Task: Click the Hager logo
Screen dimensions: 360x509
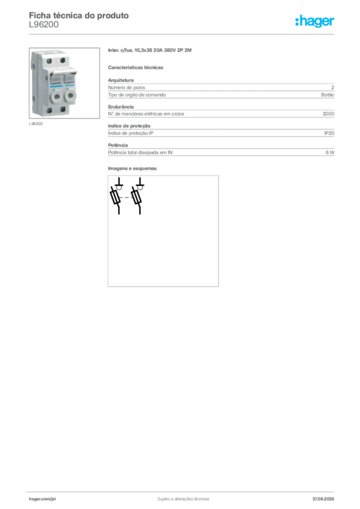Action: coord(315,21)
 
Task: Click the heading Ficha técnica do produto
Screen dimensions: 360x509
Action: coord(79,15)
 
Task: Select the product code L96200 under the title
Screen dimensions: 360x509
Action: coord(44,25)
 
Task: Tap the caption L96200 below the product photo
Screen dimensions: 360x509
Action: coord(36,124)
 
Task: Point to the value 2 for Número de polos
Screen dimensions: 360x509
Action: coord(333,87)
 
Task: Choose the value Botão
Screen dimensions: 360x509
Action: coord(328,95)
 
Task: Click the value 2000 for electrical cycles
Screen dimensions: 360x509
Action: coord(328,114)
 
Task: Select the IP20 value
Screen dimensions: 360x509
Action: coord(329,133)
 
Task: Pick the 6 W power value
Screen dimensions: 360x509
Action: coord(330,152)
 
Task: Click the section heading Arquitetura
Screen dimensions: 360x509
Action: coord(121,80)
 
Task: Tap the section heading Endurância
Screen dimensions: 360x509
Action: coord(121,107)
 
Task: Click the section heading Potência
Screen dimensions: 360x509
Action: coord(118,145)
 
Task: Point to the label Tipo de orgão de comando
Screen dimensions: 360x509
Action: coord(137,95)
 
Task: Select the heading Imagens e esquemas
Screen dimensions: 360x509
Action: coord(132,169)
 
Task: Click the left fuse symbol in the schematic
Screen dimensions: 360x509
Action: coord(115,197)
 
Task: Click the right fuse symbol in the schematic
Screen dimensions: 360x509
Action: coord(136,197)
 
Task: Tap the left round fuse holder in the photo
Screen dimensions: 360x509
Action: coord(57,96)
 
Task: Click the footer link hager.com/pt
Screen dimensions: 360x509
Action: coord(42,499)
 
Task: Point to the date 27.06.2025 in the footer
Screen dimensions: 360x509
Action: coord(323,499)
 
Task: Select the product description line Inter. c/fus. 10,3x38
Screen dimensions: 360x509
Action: coord(150,50)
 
